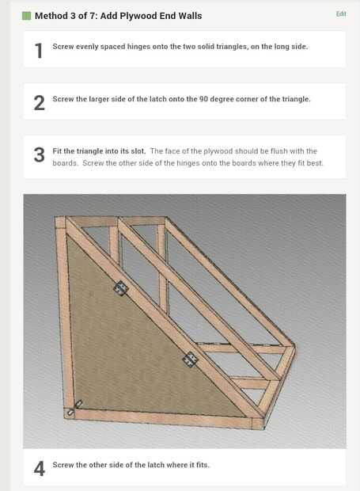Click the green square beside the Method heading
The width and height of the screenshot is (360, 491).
pyautogui.click(x=27, y=16)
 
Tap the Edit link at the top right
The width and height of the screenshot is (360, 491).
pyautogui.click(x=341, y=13)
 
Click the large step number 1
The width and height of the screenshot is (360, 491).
pyautogui.click(x=39, y=51)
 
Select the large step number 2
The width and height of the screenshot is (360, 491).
pyautogui.click(x=39, y=103)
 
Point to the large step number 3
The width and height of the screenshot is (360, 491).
pyautogui.click(x=39, y=155)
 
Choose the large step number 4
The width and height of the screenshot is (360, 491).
pyautogui.click(x=39, y=469)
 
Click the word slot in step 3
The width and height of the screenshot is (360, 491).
pyautogui.click(x=138, y=151)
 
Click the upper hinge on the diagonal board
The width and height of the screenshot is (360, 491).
pyautogui.click(x=121, y=288)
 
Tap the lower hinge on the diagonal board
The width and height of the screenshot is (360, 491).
pyautogui.click(x=190, y=360)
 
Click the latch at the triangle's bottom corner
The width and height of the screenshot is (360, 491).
pyautogui.click(x=74, y=408)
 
